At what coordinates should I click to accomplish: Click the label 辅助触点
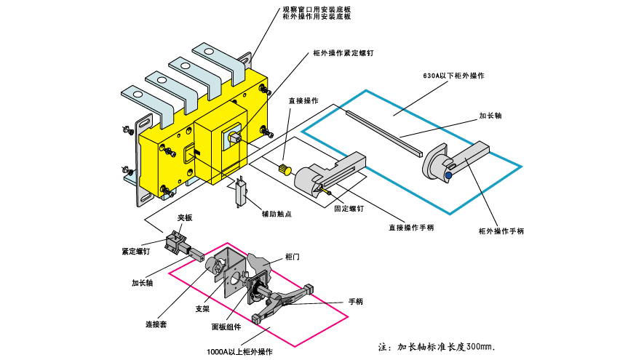tap(277, 214)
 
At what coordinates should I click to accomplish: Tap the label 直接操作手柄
tap(410, 228)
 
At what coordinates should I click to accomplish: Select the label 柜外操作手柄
tap(501, 231)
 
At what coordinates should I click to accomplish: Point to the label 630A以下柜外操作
tap(454, 76)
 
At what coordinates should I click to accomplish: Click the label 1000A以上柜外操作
tap(239, 352)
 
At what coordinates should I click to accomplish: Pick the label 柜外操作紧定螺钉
tap(342, 54)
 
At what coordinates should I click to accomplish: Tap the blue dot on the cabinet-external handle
tap(448, 175)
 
